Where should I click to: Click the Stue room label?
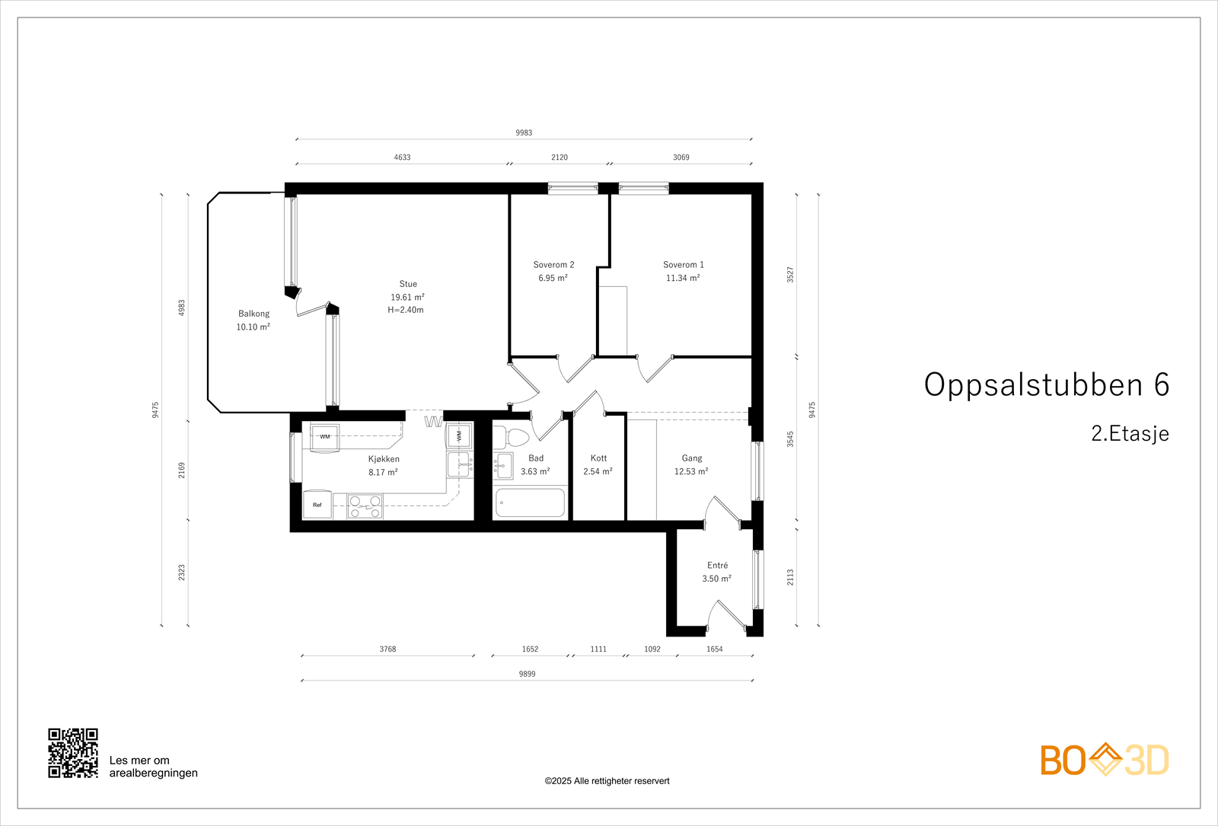pyautogui.click(x=408, y=284)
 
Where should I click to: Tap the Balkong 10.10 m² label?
pyautogui.click(x=253, y=321)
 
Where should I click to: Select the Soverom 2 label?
pyautogui.click(x=553, y=265)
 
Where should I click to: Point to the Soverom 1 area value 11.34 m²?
pyautogui.click(x=683, y=279)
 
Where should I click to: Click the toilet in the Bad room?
pyautogui.click(x=512, y=438)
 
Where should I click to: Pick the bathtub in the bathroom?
pyautogui.click(x=530, y=503)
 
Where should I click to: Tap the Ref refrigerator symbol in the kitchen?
pyautogui.click(x=317, y=505)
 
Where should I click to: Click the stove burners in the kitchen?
pyautogui.click(x=365, y=507)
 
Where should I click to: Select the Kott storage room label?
pyautogui.click(x=598, y=458)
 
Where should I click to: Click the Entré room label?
pyautogui.click(x=717, y=566)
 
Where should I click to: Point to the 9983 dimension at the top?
pyautogui.click(x=524, y=132)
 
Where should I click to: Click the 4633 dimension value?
pyautogui.click(x=402, y=158)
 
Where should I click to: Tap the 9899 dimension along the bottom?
pyautogui.click(x=527, y=674)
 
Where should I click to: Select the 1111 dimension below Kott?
pyautogui.click(x=598, y=649)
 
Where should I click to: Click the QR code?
pyautogui.click(x=73, y=753)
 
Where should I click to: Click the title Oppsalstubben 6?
pyautogui.click(x=1046, y=385)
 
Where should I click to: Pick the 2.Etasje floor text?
pyautogui.click(x=1130, y=434)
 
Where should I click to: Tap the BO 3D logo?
pyautogui.click(x=1105, y=760)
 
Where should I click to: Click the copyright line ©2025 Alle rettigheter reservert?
pyautogui.click(x=607, y=781)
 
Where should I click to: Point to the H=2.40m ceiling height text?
pyautogui.click(x=406, y=310)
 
